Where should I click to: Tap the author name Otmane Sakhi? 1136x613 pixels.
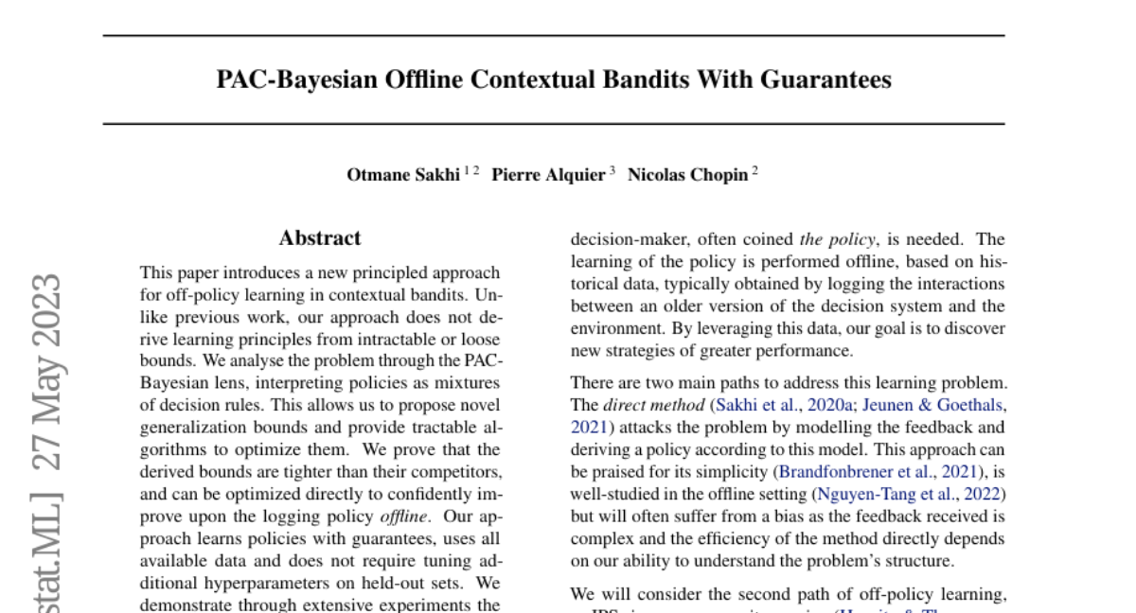(404, 175)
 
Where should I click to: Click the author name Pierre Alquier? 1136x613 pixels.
(548, 175)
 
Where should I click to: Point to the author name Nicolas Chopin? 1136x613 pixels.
(687, 175)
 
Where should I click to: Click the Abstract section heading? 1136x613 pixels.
(320, 238)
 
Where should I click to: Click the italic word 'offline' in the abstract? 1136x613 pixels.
(404, 517)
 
